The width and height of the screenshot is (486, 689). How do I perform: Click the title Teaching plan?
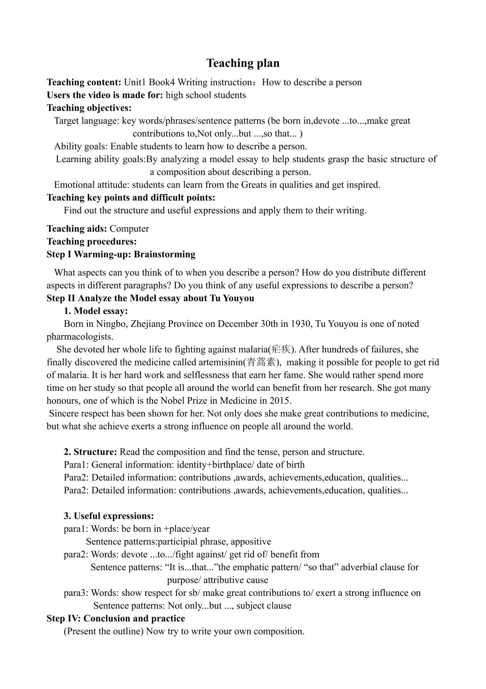243,63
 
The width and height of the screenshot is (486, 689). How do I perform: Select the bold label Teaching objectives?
89,108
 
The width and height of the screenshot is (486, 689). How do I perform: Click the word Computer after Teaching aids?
129,229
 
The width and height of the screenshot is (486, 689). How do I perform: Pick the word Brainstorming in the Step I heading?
165,254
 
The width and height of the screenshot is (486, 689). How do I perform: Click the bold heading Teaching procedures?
91,241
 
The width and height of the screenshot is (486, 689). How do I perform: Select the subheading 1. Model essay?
96,311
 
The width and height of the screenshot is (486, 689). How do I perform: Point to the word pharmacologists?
80,337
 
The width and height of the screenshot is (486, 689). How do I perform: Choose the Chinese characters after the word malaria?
281,349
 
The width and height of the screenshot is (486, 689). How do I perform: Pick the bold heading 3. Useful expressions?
109,516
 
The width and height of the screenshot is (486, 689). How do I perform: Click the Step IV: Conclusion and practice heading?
116,618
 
